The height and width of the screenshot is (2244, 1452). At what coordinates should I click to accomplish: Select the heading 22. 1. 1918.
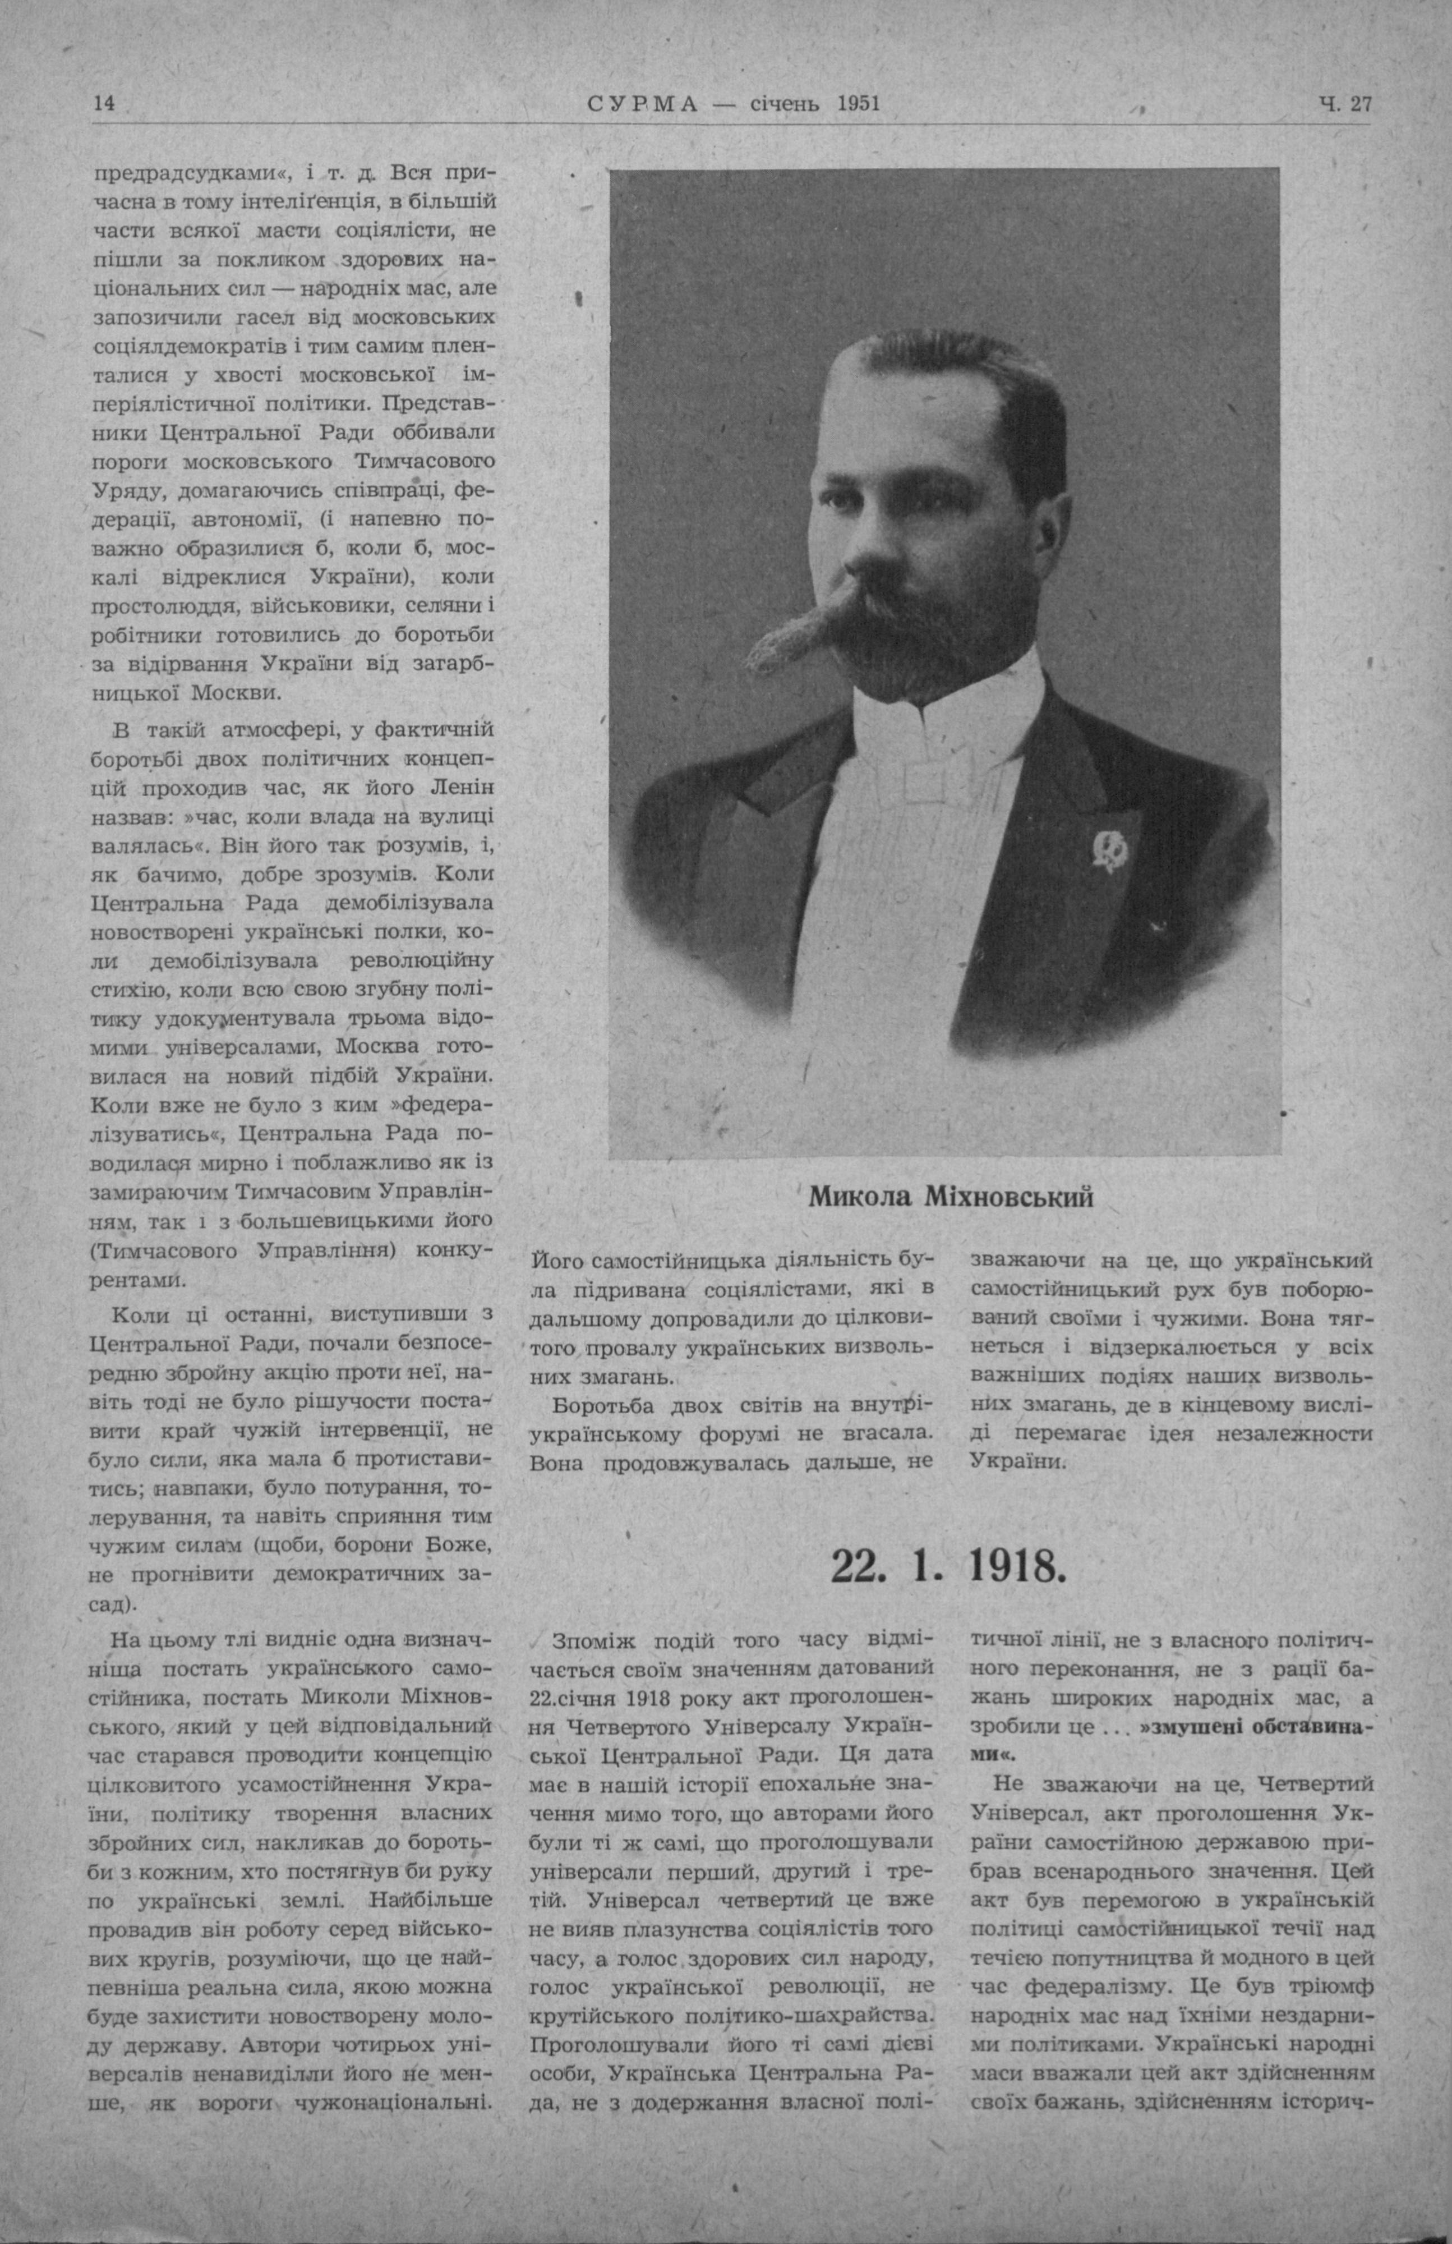click(x=948, y=1566)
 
